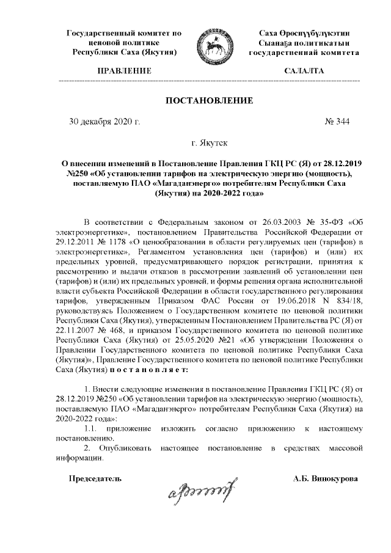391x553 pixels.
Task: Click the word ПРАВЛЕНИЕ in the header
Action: (124, 71)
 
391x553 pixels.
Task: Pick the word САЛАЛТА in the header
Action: (304, 71)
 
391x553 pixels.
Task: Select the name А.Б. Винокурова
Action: (325, 478)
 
